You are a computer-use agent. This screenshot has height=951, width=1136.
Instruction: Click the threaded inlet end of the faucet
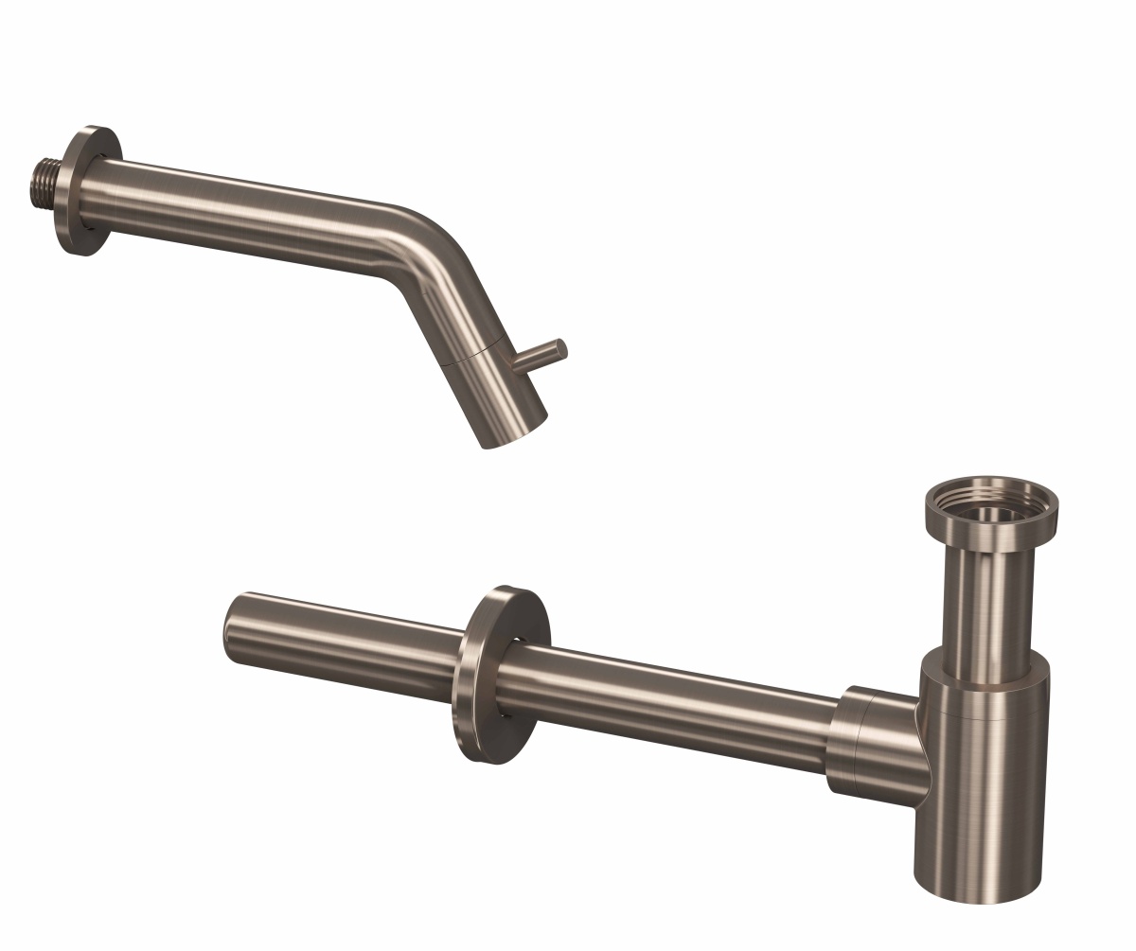[x=43, y=182]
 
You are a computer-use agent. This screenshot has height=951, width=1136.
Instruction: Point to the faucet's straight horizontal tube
[x=237, y=216]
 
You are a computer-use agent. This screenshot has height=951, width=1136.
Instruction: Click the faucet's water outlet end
[x=516, y=433]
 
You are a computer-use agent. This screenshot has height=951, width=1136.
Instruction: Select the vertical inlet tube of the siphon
[x=989, y=596]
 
